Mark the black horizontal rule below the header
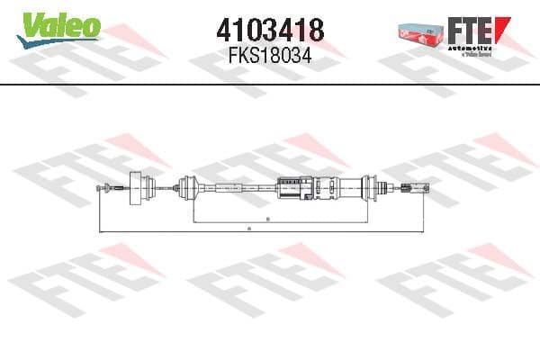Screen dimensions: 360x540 pos(270,84)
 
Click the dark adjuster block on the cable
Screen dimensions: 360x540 pos(292,187)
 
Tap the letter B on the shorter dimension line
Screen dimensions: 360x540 pos(267,219)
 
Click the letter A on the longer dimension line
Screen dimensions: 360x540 pos(249,229)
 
